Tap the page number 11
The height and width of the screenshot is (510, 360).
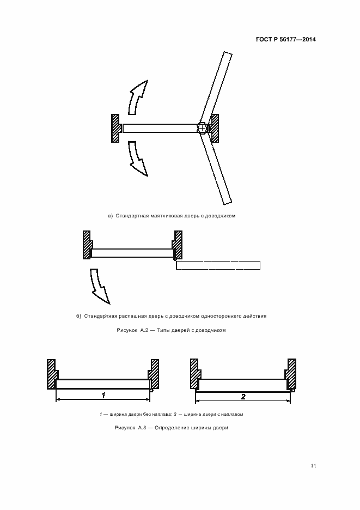pos(313,466)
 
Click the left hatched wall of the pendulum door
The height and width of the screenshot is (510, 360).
pos(115,128)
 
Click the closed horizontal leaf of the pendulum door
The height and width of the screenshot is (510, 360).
pos(159,128)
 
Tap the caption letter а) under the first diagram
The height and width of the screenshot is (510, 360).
pos(110,216)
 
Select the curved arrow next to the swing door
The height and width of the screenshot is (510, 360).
pos(99,285)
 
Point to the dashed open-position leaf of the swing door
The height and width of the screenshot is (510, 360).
pos(218,265)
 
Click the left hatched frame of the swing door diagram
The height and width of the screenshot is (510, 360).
pos(87,245)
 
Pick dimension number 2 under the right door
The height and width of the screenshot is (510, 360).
pos(243,396)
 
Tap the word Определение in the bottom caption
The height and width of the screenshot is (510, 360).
pos(174,428)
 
